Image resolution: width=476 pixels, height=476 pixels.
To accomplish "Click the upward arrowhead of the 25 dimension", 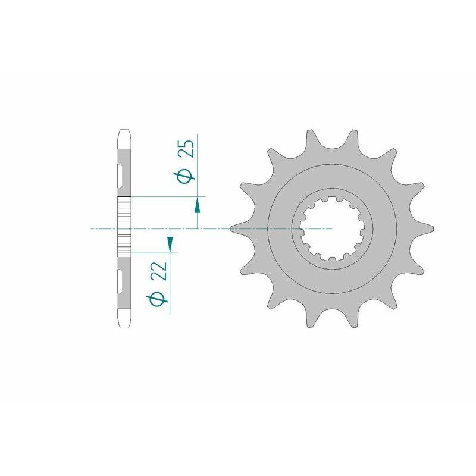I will [198, 205].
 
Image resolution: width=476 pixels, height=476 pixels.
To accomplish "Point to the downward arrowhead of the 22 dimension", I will [170, 243].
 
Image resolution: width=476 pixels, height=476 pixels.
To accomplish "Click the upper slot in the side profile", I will [121, 174].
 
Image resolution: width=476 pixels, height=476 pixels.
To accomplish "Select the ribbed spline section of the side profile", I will [124, 227].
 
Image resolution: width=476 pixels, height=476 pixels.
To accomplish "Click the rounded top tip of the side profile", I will [124, 132].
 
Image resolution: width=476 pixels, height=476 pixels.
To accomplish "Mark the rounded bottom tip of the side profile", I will [124, 325].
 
